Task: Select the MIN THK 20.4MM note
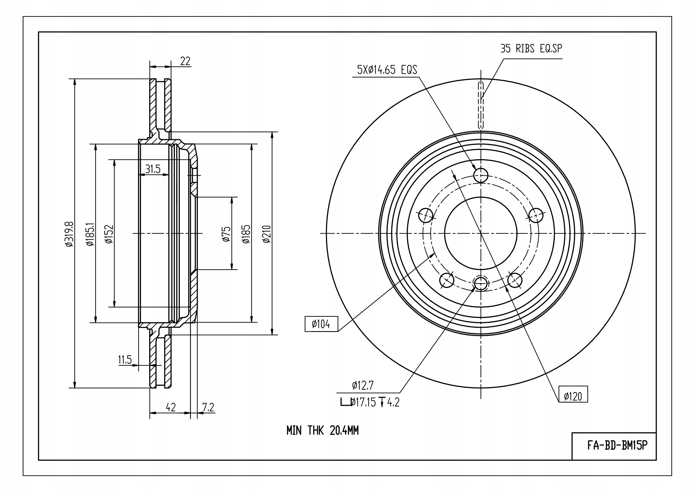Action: pyautogui.click(x=322, y=430)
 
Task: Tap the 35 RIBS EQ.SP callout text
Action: pyautogui.click(x=531, y=48)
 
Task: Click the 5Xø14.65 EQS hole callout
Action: pyautogui.click(x=387, y=70)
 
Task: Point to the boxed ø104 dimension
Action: pyautogui.click(x=321, y=324)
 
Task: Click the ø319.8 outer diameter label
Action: pyautogui.click(x=69, y=233)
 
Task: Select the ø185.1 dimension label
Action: pyautogui.click(x=90, y=233)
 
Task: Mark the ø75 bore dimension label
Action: pyautogui.click(x=226, y=234)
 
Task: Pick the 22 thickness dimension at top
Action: pyautogui.click(x=185, y=61)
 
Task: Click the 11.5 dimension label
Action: pyautogui.click(x=125, y=360)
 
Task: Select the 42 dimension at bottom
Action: pyautogui.click(x=171, y=407)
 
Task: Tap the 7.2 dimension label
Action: pyautogui.click(x=208, y=407)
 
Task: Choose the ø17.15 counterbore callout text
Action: pyautogui.click(x=363, y=402)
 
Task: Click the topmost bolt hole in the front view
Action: pyautogui.click(x=481, y=175)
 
